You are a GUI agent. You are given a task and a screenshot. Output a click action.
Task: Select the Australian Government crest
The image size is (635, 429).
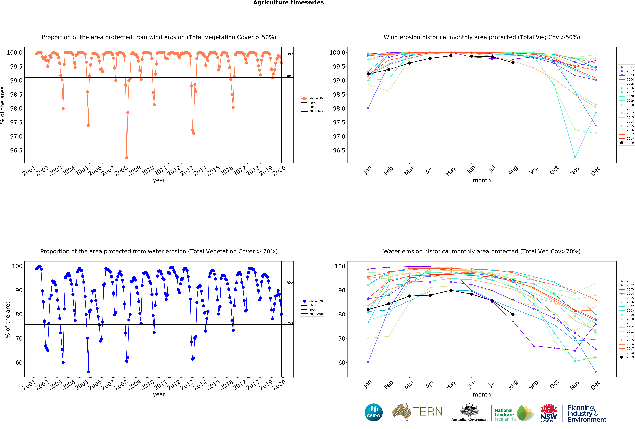tap(469, 410)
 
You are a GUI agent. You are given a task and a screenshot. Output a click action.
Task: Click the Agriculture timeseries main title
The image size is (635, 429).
tap(288, 3)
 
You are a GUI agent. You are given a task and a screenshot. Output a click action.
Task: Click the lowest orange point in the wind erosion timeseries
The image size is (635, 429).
tap(126, 158)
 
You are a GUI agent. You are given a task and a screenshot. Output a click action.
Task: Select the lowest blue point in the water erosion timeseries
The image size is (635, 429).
tap(88, 372)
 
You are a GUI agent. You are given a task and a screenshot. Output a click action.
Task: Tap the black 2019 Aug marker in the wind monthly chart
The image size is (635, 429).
tap(513, 63)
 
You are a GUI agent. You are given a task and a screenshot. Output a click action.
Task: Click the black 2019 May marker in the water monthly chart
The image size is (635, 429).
tap(451, 290)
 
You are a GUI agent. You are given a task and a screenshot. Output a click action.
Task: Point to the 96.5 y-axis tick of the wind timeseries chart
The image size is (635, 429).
tap(16, 150)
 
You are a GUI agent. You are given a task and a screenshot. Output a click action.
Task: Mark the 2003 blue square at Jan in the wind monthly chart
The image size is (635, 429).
tap(368, 108)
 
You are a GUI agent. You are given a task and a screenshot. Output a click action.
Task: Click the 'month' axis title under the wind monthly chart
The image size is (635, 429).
tap(482, 180)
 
